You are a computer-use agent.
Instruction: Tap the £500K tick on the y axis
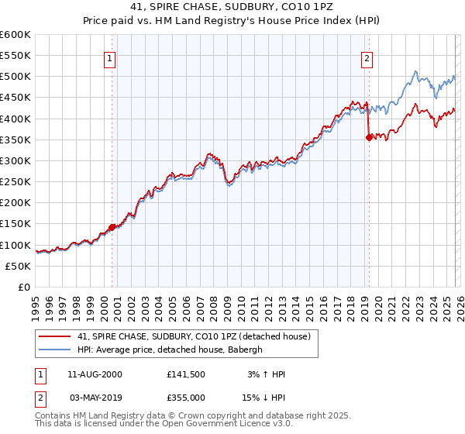pos(15,77)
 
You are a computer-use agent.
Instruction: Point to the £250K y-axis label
pos(15,182)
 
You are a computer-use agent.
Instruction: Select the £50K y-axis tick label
pos(19,266)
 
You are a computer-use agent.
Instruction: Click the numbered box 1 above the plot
pos(110,57)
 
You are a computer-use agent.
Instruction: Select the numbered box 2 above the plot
pos(366,57)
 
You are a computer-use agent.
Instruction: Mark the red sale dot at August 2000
pos(112,227)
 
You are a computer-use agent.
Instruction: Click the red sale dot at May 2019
pos(369,138)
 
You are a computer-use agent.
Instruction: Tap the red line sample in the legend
pos(55,336)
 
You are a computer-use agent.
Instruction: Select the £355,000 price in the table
pos(186,396)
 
